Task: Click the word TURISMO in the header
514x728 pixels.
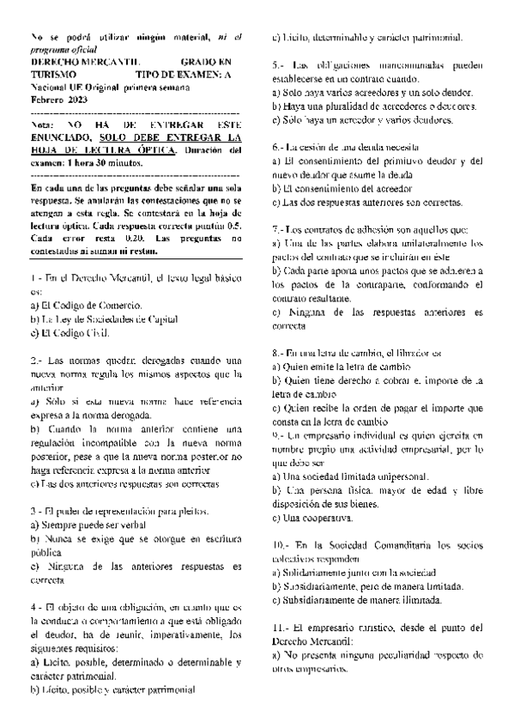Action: [x=52, y=76]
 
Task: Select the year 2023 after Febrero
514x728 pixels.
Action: [x=76, y=101]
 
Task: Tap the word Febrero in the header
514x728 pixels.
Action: [x=45, y=101]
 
